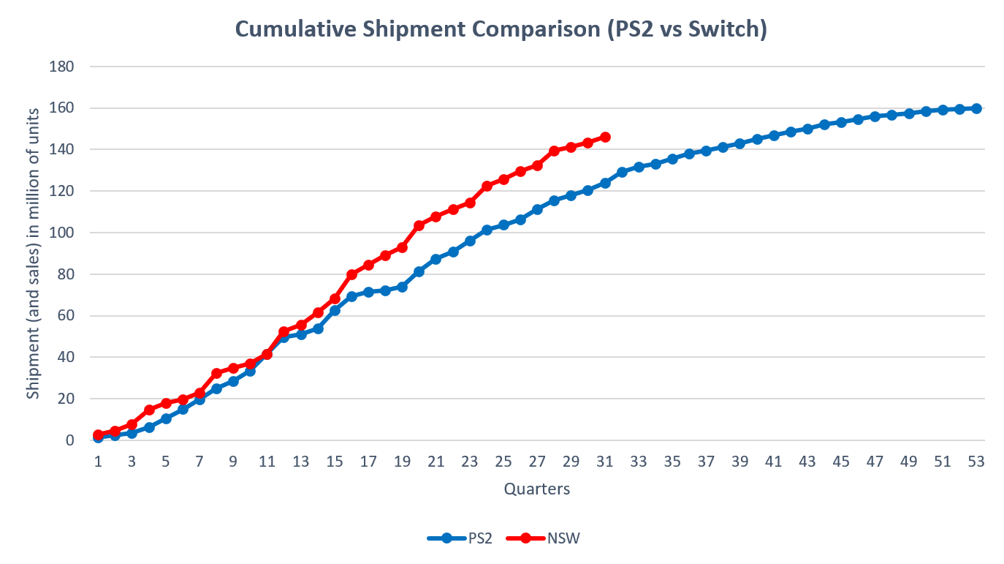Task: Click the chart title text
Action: (501, 31)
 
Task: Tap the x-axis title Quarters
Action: (536, 489)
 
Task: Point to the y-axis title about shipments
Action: (33, 253)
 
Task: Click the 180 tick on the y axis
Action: (61, 67)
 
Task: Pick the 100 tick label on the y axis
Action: (61, 233)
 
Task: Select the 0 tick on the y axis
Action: (69, 440)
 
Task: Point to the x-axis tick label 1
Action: (98, 462)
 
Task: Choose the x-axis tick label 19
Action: (402, 462)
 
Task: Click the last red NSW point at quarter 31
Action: (605, 137)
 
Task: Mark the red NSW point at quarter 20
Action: (419, 225)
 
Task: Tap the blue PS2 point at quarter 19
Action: (402, 287)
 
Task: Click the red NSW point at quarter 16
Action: (351, 274)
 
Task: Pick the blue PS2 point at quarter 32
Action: (622, 172)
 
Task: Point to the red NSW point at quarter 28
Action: (554, 151)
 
